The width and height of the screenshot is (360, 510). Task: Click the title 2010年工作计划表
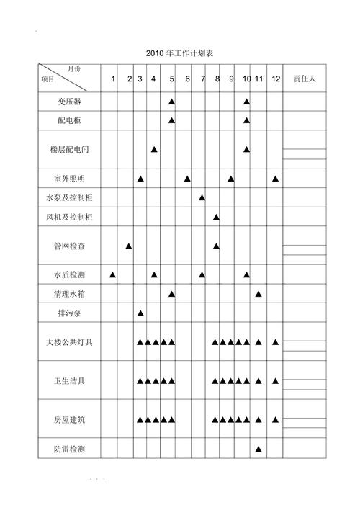pyautogui.click(x=179, y=54)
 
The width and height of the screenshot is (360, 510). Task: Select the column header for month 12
pyautogui.click(x=276, y=79)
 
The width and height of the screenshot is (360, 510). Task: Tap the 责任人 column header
pyautogui.click(x=303, y=79)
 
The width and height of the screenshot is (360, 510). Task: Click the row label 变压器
pyautogui.click(x=69, y=102)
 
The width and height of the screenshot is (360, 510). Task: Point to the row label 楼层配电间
pyautogui.click(x=69, y=149)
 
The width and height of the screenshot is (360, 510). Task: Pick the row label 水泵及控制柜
pyautogui.click(x=69, y=197)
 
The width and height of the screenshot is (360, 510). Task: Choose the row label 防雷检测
pyautogui.click(x=69, y=449)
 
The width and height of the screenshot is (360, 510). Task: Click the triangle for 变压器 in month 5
pyautogui.click(x=172, y=102)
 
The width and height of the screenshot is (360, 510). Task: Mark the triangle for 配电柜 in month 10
pyautogui.click(x=246, y=120)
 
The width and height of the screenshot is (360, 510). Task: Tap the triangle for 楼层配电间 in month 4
pyautogui.click(x=154, y=149)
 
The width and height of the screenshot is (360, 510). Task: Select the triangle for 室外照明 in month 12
pyautogui.click(x=276, y=178)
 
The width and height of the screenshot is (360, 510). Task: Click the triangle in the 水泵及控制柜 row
pyautogui.click(x=202, y=197)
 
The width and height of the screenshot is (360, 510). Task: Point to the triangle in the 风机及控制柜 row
pyautogui.click(x=216, y=217)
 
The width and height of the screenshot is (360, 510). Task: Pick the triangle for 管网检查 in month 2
pyautogui.click(x=129, y=246)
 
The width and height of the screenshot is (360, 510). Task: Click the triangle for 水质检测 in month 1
pyautogui.click(x=113, y=274)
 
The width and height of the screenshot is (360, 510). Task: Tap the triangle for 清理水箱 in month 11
pyautogui.click(x=258, y=294)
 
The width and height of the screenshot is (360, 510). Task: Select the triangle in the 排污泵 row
pyautogui.click(x=140, y=313)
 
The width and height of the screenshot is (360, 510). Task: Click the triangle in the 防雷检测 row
pyautogui.click(x=258, y=449)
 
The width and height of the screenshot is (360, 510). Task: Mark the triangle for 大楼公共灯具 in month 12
pyautogui.click(x=276, y=342)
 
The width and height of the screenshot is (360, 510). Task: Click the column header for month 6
pyautogui.click(x=187, y=79)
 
